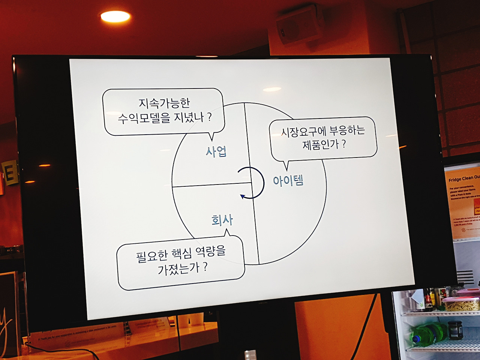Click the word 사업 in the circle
point(216,151)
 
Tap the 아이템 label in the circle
point(288,181)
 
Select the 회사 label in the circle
point(222,220)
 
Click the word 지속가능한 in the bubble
point(165,103)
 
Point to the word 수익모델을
point(144,118)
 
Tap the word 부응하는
point(347,130)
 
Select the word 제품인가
point(320,144)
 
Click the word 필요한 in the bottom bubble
point(152,256)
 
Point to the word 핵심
point(181,254)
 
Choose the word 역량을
point(211,250)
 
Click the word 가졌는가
point(178,268)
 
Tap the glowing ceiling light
point(115,16)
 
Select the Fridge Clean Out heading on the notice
point(464,178)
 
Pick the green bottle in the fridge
point(427,333)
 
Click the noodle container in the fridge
point(461,304)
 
